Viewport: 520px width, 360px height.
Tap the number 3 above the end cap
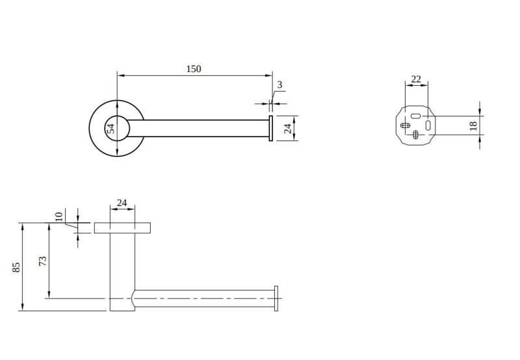279,84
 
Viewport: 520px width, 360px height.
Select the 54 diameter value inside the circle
111,128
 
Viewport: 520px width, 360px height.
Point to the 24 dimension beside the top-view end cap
287,128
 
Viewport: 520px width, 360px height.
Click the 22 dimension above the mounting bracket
416,79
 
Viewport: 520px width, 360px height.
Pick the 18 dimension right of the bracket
473,125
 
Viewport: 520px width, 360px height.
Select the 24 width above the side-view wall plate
122,203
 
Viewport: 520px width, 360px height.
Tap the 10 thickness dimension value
59,216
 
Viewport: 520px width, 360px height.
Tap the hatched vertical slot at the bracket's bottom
416,135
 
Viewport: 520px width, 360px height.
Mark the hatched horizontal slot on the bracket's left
406,125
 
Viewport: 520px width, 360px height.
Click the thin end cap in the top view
270,128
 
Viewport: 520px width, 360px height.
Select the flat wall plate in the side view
122,228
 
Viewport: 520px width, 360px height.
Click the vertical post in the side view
121,266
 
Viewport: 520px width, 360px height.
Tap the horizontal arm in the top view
201,128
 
